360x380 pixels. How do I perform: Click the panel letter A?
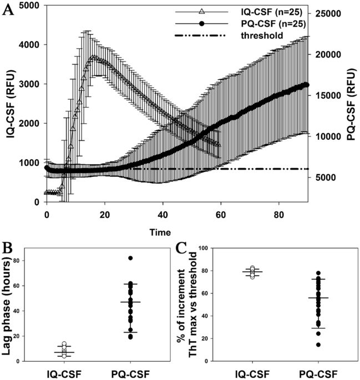(x=8, y=11)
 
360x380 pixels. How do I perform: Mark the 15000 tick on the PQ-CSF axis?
(x=329, y=95)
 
